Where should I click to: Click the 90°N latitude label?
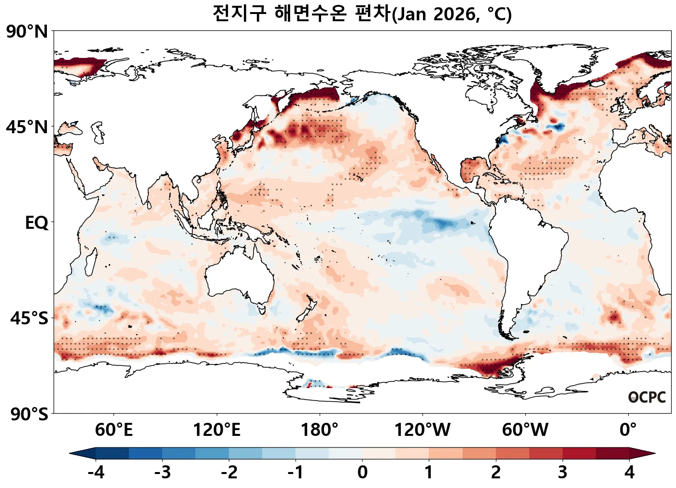(27, 32)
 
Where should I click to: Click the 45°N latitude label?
(27, 127)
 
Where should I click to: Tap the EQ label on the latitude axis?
(37, 223)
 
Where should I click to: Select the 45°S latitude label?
(29, 319)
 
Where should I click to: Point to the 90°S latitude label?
(29, 414)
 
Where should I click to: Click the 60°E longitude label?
(113, 430)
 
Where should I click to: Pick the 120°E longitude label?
(216, 430)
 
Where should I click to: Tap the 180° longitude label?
(320, 430)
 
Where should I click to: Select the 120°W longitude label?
(422, 430)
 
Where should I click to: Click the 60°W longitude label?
(525, 430)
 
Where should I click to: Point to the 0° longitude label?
(628, 430)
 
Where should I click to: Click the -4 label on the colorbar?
(96, 472)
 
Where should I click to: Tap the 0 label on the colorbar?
(362, 472)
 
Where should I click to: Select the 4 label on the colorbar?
(629, 472)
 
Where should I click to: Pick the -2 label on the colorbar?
(229, 472)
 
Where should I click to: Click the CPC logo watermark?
(647, 397)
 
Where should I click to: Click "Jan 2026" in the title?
(433, 14)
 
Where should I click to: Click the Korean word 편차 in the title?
(371, 13)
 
